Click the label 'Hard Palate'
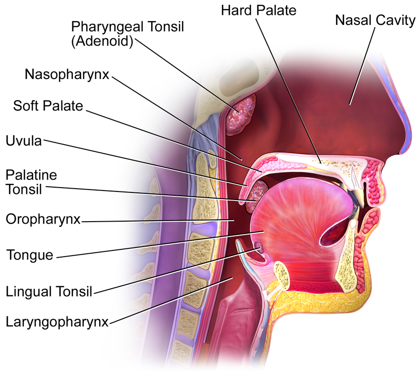pos(259,11)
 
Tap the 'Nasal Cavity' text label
pos(375,20)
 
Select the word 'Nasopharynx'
pos(67,74)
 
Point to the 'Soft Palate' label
pos(48,106)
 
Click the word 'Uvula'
pos(24,141)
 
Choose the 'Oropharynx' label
pos(43,219)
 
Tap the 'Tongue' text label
pos(30,255)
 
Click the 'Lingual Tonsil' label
pos(49,291)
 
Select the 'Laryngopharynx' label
pos(58,322)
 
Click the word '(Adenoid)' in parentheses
pos(102,42)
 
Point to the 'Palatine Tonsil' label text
pos(31,182)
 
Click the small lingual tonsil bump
pos(259,247)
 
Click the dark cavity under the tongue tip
pos(332,233)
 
